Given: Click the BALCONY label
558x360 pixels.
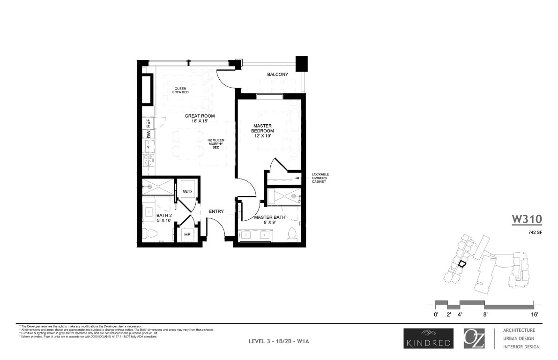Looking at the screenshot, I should click(277, 75).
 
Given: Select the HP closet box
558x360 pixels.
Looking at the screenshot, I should click(186, 234).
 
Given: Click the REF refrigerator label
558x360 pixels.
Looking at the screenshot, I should click(148, 124).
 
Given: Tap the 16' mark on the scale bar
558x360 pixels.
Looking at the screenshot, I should click(534, 314).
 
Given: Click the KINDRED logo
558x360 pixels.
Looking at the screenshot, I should click(427, 338).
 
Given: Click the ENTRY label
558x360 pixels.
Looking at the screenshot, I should click(216, 211).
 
